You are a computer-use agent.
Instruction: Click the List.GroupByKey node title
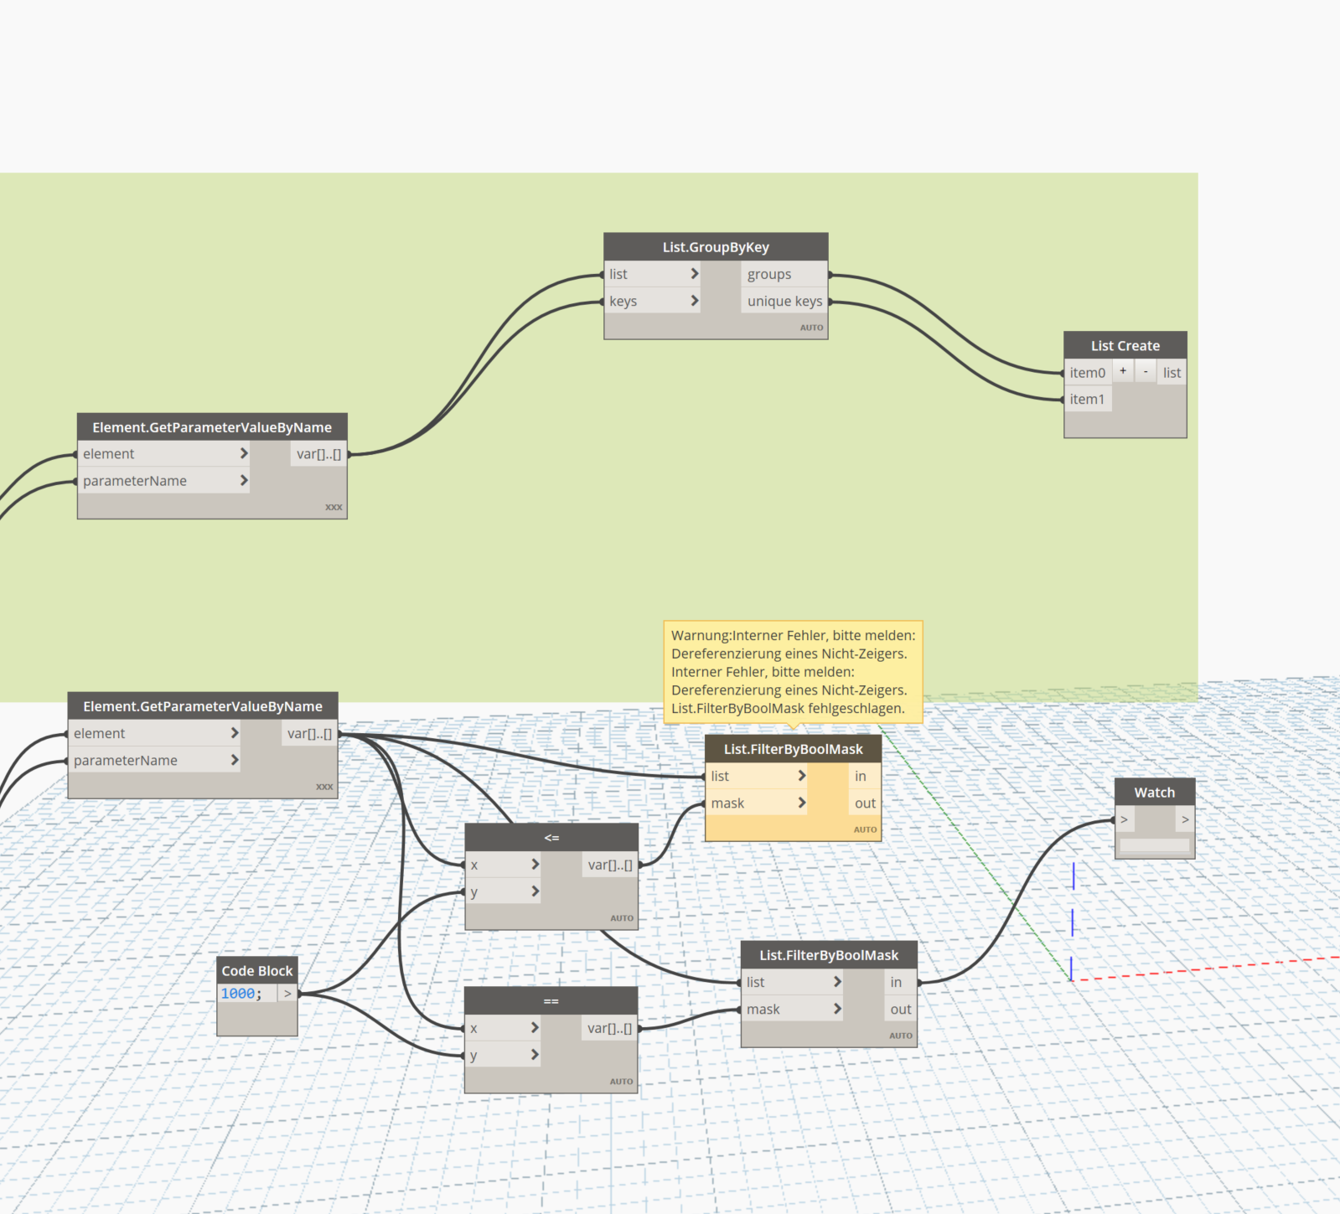click(x=716, y=247)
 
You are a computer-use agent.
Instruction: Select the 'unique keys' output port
click(x=784, y=301)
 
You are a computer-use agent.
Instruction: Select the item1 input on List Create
click(x=1088, y=400)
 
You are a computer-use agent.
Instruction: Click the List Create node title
click(x=1125, y=345)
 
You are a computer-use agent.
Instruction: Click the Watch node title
click(x=1155, y=793)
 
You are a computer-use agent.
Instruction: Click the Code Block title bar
click(x=257, y=970)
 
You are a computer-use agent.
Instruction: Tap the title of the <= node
click(x=551, y=838)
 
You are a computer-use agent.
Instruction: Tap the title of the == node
click(x=551, y=1001)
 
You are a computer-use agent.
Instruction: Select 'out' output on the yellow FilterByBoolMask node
click(x=865, y=803)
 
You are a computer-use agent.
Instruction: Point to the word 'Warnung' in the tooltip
click(x=700, y=636)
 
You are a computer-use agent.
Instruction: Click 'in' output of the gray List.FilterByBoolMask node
click(x=896, y=982)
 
